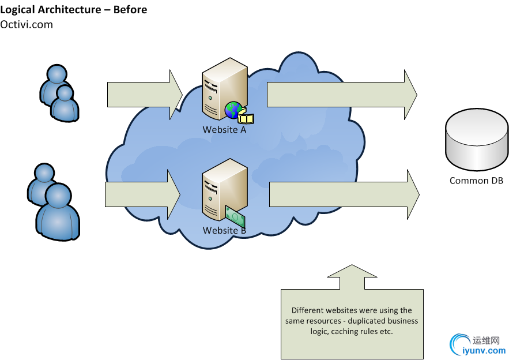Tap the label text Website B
(224, 231)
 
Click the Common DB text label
(476, 181)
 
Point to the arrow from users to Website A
(144, 95)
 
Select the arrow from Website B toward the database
(344, 194)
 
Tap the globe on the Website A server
(233, 110)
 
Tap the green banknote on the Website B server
(235, 216)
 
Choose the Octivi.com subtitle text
(27, 24)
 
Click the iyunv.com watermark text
(484, 350)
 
